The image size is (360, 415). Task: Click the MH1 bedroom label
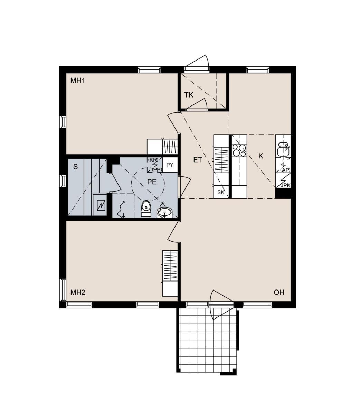(77, 81)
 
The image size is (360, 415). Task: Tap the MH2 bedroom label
(78, 292)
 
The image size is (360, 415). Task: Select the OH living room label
(279, 292)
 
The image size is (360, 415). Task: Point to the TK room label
(189, 95)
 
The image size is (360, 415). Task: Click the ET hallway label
(198, 160)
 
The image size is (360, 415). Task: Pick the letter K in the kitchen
(261, 156)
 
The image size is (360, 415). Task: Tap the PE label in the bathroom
(152, 182)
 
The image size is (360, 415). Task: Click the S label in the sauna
(75, 167)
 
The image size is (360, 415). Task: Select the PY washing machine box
(170, 165)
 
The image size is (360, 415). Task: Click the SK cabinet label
(221, 192)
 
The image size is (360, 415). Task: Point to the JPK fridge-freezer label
(285, 185)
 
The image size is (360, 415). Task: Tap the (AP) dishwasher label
(285, 170)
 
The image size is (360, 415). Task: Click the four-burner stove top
(239, 150)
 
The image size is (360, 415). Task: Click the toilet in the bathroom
(146, 208)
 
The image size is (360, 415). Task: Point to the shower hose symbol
(121, 209)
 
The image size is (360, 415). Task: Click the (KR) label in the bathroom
(153, 160)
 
